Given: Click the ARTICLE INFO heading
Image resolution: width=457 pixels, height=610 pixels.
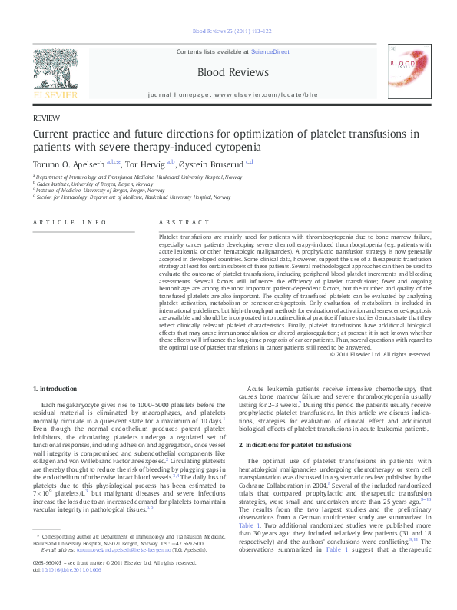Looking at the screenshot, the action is [x=69, y=223].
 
